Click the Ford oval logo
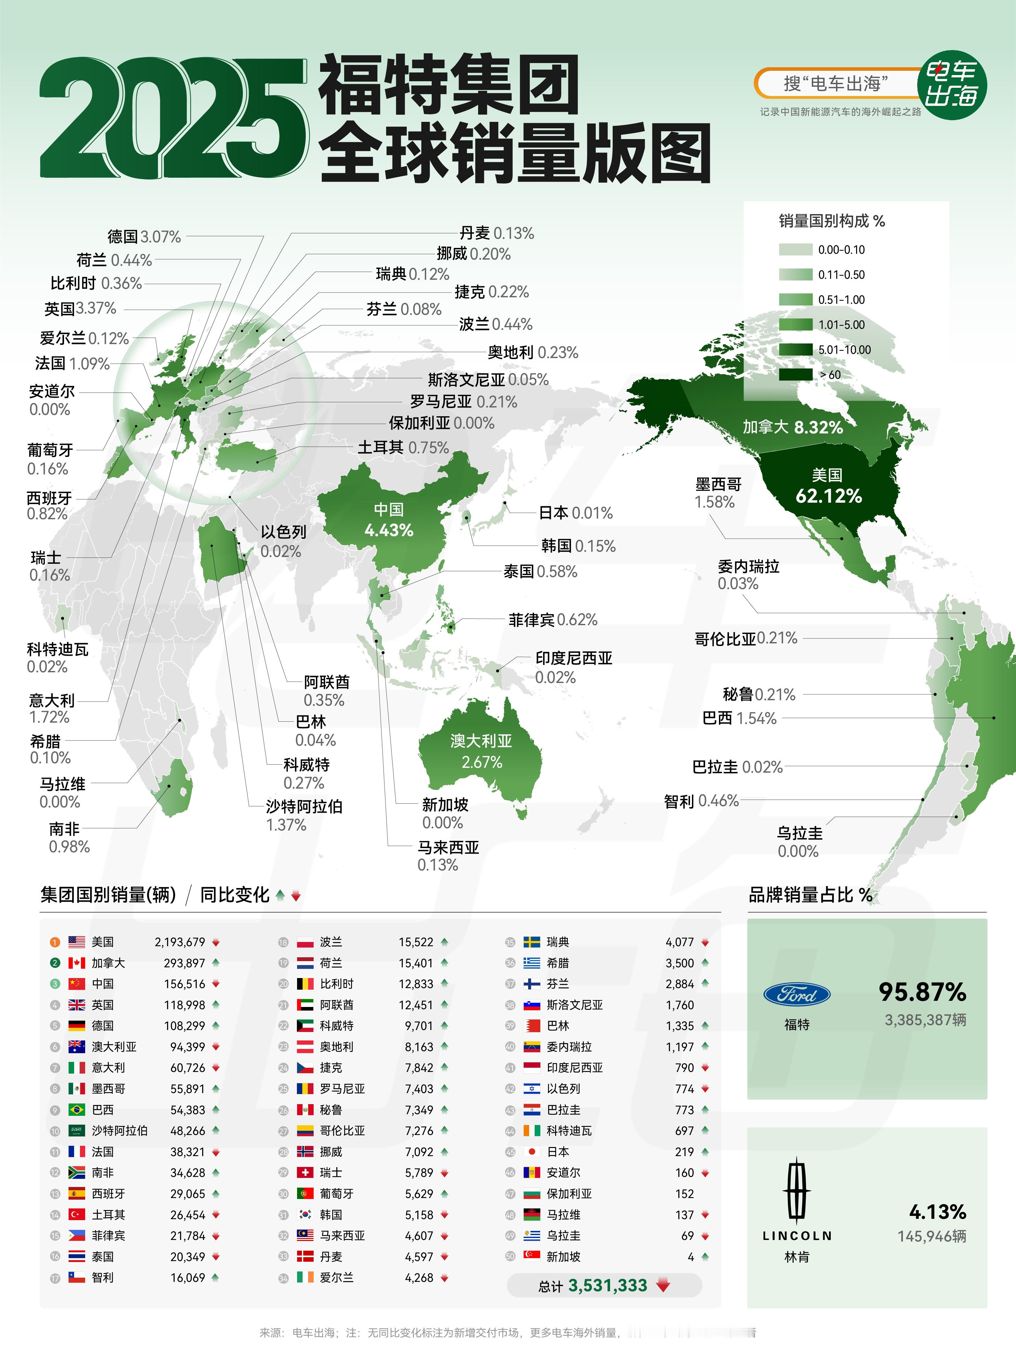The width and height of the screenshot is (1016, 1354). [x=797, y=995]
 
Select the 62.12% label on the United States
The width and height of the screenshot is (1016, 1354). [x=828, y=496]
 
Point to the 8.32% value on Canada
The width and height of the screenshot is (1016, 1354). [x=818, y=427]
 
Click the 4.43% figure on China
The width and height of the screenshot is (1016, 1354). [x=389, y=530]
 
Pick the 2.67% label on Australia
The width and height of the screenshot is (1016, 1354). [x=482, y=762]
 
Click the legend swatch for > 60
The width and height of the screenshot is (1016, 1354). [x=796, y=375]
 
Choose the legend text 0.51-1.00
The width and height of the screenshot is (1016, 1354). [x=841, y=300]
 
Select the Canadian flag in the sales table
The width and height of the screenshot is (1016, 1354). [x=77, y=963]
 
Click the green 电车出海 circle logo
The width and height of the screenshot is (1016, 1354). [x=951, y=84]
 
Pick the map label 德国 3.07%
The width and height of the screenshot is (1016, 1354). [x=145, y=237]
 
